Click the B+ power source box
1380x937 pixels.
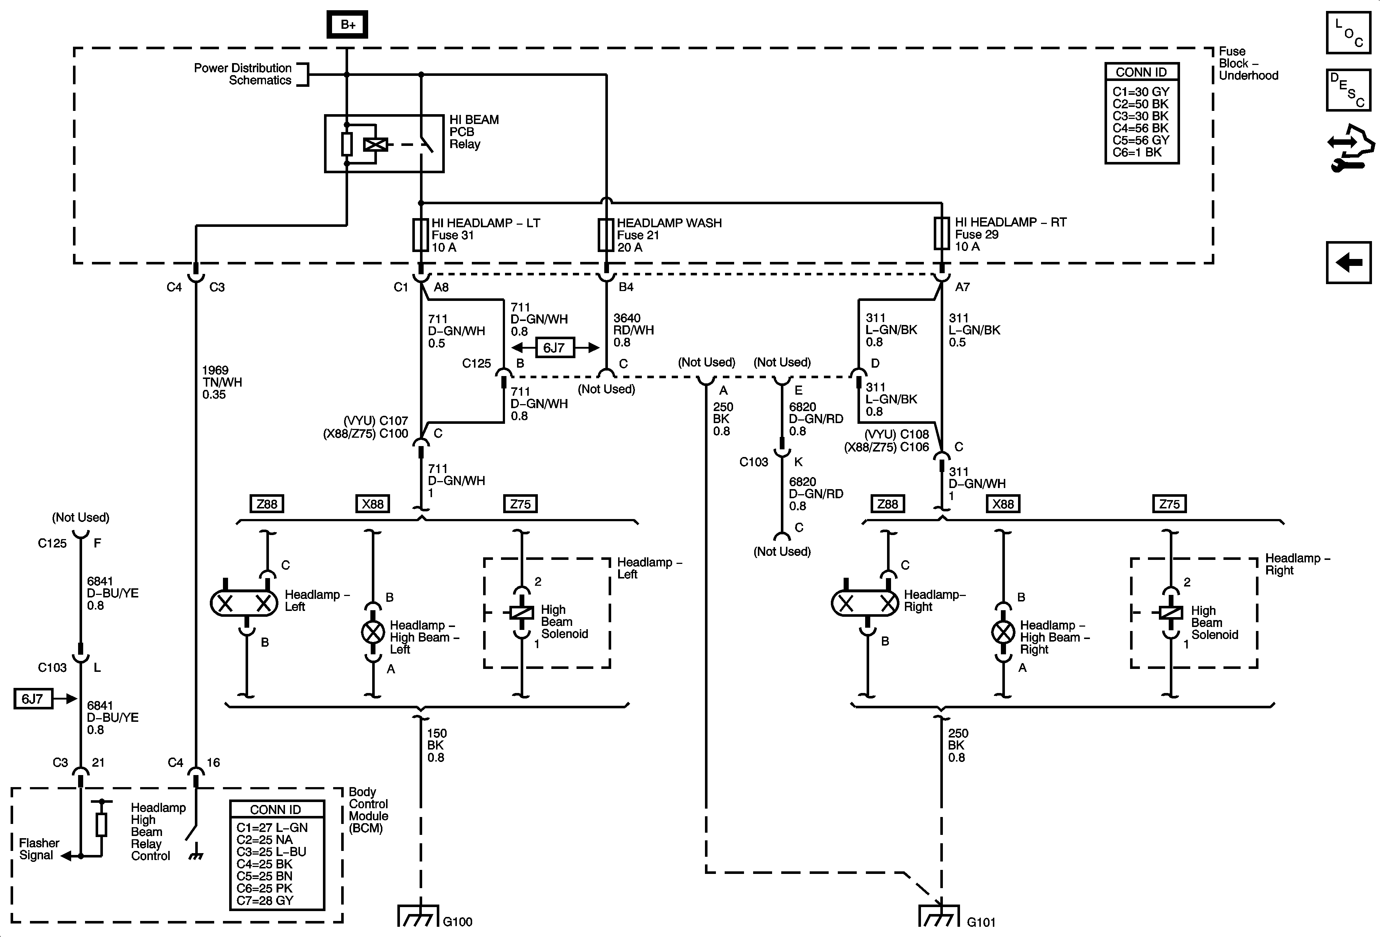(x=347, y=25)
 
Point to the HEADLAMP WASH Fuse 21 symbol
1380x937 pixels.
(x=606, y=235)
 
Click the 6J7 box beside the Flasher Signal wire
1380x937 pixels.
(x=33, y=698)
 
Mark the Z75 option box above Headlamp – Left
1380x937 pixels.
(x=520, y=504)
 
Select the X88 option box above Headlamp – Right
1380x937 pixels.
(x=1003, y=504)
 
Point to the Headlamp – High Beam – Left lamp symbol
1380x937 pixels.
(x=373, y=632)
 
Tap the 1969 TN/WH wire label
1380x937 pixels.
(x=222, y=382)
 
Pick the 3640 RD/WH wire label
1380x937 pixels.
(x=633, y=330)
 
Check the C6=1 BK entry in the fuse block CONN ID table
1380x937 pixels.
(x=1137, y=152)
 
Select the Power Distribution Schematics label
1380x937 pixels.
(x=243, y=74)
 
